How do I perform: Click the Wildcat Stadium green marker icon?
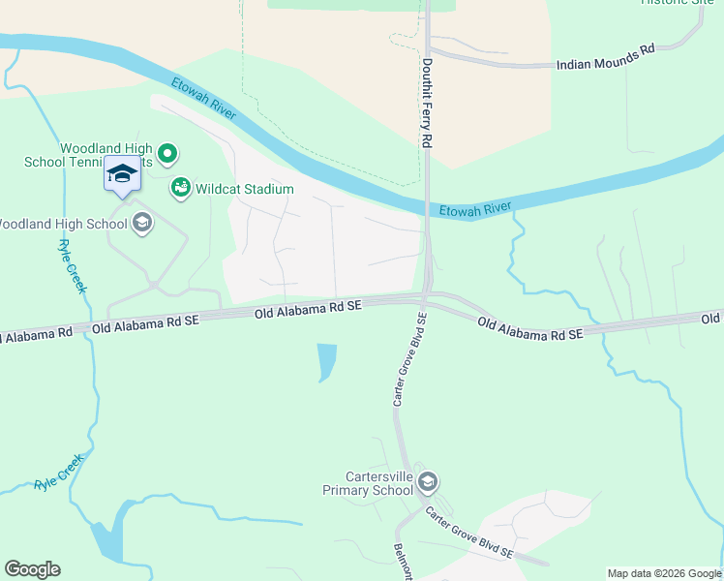point(180,188)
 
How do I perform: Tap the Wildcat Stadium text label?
point(244,189)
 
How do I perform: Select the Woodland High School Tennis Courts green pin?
point(167,153)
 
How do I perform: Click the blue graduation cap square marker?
point(122,174)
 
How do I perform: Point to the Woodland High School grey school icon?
point(142,224)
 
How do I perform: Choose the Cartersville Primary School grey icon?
point(429,482)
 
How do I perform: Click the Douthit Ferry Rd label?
point(426,102)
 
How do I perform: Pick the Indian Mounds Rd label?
point(606,60)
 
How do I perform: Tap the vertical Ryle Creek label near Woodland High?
point(74,265)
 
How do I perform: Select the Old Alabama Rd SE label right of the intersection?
point(530,327)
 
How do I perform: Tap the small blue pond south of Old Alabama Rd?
point(327,361)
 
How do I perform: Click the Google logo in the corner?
point(33,569)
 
